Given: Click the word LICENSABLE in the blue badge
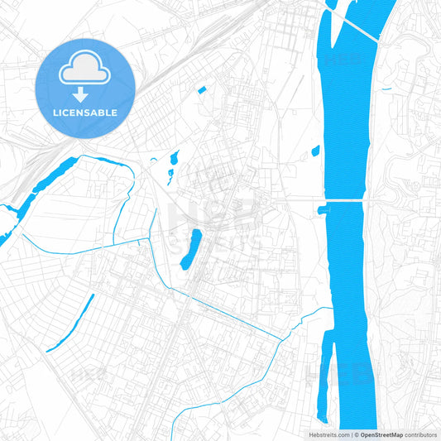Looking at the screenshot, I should (x=85, y=113).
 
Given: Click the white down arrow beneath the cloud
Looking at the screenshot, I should (x=80, y=93).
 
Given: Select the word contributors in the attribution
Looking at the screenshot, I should (x=420, y=434).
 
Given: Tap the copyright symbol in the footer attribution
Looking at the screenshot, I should (x=356, y=434).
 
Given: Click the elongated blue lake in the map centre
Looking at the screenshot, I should (x=191, y=249).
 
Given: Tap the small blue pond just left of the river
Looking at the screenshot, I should (x=315, y=151).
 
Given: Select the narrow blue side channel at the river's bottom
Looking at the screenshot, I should (x=324, y=372).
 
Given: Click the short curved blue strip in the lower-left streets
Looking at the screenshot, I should (x=70, y=323).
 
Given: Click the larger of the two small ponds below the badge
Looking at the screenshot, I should (x=174, y=157).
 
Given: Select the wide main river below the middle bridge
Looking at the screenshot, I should (x=348, y=281).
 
